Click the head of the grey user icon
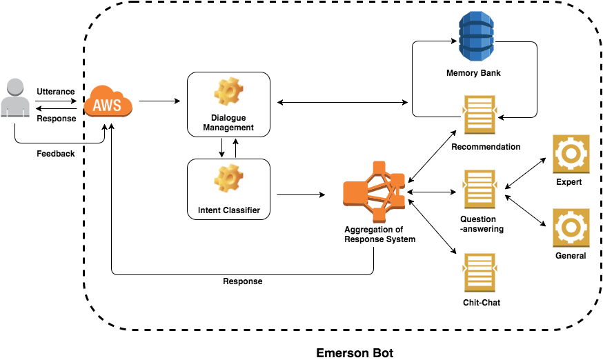[15, 87]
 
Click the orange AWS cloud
[108, 101]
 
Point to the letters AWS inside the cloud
[108, 106]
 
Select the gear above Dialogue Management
[228, 92]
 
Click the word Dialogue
[228, 118]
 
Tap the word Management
[228, 128]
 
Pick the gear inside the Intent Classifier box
[228, 178]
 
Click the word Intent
[210, 210]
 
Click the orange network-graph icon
[374, 191]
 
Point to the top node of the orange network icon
[379, 167]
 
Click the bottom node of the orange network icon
[379, 216]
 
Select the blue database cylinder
[477, 36]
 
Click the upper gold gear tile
[571, 153]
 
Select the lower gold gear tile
[571, 227]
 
